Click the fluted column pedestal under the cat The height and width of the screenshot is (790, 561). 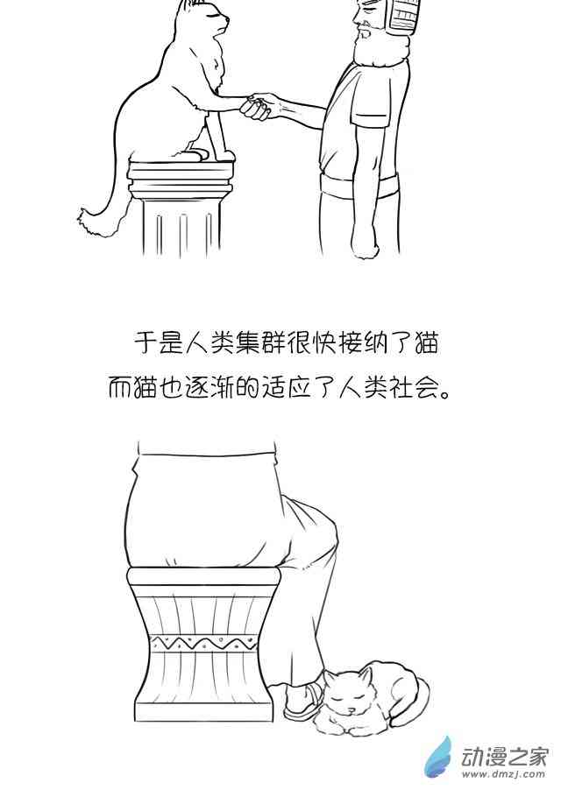pos(181,207)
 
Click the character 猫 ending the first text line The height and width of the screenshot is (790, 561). pos(426,343)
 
